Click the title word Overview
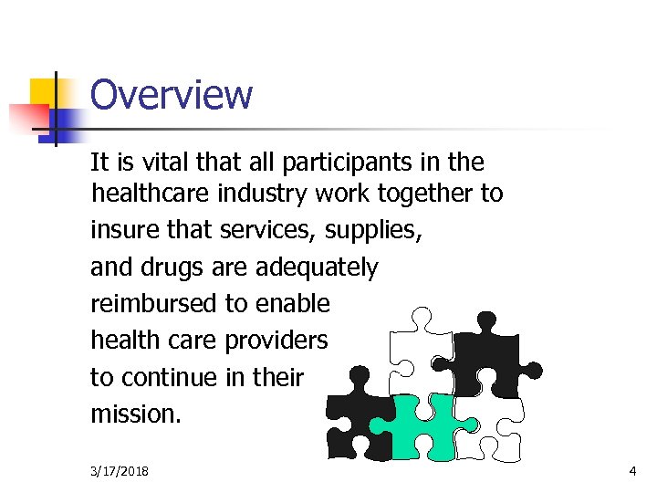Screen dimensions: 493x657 pyautogui.click(x=172, y=95)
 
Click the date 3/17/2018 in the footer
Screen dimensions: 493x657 pyautogui.click(x=120, y=471)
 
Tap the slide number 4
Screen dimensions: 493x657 pyautogui.click(x=632, y=471)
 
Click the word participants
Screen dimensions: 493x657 pyautogui.click(x=338, y=163)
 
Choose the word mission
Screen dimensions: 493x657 pyautogui.click(x=136, y=414)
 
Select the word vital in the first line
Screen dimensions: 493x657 pyautogui.click(x=151, y=163)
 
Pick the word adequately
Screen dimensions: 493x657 pyautogui.click(x=317, y=267)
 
